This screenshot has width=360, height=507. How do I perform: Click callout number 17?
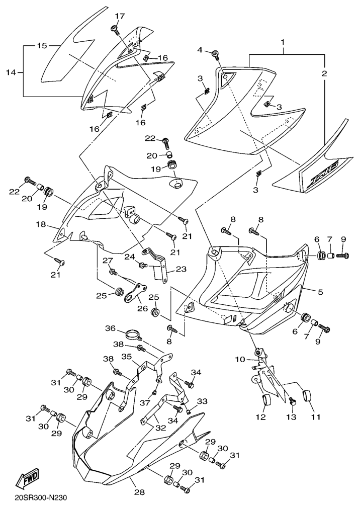[x=119, y=17]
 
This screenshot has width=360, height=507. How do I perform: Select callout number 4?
[x=200, y=50]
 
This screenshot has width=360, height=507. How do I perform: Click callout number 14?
[x=11, y=73]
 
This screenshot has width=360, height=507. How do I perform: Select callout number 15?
[x=42, y=46]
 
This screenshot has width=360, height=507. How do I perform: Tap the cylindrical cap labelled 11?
[x=308, y=397]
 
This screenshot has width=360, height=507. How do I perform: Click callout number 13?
[x=291, y=417]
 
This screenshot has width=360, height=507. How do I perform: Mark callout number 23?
[x=181, y=269]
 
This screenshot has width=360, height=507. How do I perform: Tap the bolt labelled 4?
[x=215, y=53]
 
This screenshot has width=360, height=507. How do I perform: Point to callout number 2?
[x=325, y=73]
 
